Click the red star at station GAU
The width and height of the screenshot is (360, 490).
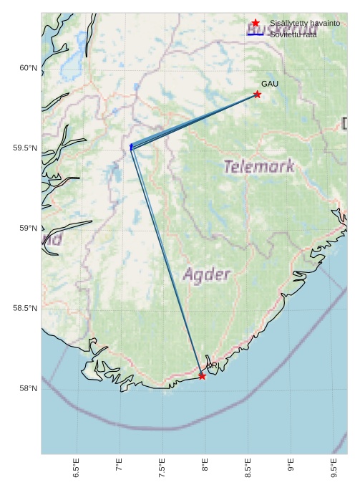click(x=257, y=95)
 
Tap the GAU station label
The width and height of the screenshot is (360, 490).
click(x=270, y=85)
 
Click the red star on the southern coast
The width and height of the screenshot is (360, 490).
click(x=202, y=376)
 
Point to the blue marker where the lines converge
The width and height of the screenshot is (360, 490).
click(x=131, y=146)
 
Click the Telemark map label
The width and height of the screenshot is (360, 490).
click(x=258, y=167)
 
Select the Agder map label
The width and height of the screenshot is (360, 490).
click(x=207, y=274)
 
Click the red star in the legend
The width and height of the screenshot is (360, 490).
click(x=256, y=23)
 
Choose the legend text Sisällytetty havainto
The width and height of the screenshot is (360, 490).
click(x=304, y=23)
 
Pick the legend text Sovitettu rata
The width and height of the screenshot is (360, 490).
click(x=293, y=34)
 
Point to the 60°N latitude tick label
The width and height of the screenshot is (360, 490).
click(x=28, y=68)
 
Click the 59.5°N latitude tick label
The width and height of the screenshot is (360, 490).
click(x=25, y=148)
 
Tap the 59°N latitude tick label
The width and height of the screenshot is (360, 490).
click(x=28, y=229)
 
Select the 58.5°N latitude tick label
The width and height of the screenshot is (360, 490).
click(x=25, y=309)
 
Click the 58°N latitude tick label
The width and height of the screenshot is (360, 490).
click(x=28, y=389)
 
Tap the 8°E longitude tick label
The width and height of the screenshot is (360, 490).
click(x=205, y=466)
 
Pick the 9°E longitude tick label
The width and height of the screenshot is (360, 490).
click(x=291, y=466)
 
